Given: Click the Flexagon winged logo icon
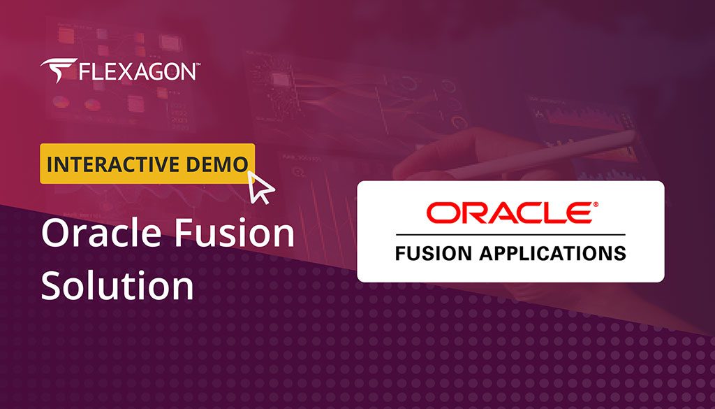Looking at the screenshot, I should [55, 71].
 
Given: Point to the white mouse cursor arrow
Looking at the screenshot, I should [261, 188].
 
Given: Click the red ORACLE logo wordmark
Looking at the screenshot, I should [509, 213].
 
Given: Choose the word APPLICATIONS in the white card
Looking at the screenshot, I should [551, 252].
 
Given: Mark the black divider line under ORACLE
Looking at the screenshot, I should [510, 234].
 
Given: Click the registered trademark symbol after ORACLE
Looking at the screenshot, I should [595, 204].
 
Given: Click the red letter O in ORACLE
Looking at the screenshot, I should [441, 213].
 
